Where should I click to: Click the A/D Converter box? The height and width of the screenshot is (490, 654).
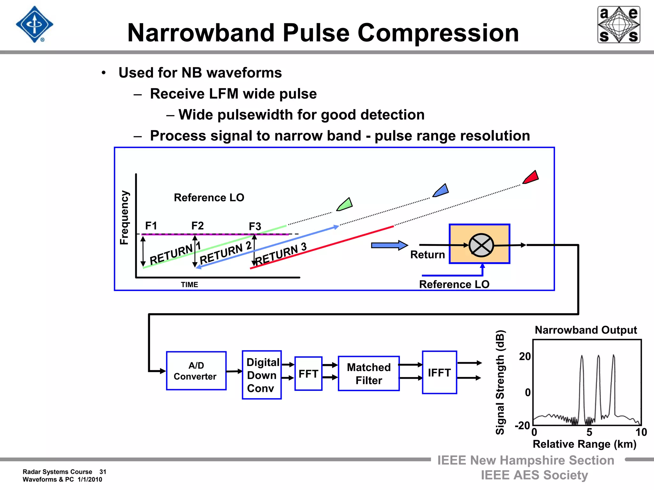pos(196,371)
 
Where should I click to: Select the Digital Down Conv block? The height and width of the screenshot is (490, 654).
pos(262,375)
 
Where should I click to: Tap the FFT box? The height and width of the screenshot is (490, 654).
pos(308,374)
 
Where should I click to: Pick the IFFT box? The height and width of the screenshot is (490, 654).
pos(439,373)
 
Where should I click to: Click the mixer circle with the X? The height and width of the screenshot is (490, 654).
pos(481,245)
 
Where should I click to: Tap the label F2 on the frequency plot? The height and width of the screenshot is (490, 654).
pos(197,226)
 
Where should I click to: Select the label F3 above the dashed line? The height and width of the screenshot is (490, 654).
pos(255,226)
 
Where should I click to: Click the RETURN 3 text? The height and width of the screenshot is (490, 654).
pos(281,254)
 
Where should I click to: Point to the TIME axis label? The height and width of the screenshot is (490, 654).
pos(189,285)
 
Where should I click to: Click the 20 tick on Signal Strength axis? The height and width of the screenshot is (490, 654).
pos(525,356)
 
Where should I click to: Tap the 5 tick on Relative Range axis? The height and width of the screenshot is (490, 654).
pos(589,432)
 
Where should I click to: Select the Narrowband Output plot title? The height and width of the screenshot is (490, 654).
pos(586,330)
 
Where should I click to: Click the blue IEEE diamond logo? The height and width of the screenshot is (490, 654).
pos(34,25)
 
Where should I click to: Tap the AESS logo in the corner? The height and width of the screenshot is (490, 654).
pos(619,25)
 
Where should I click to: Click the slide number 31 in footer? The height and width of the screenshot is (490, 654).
pos(103,472)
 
